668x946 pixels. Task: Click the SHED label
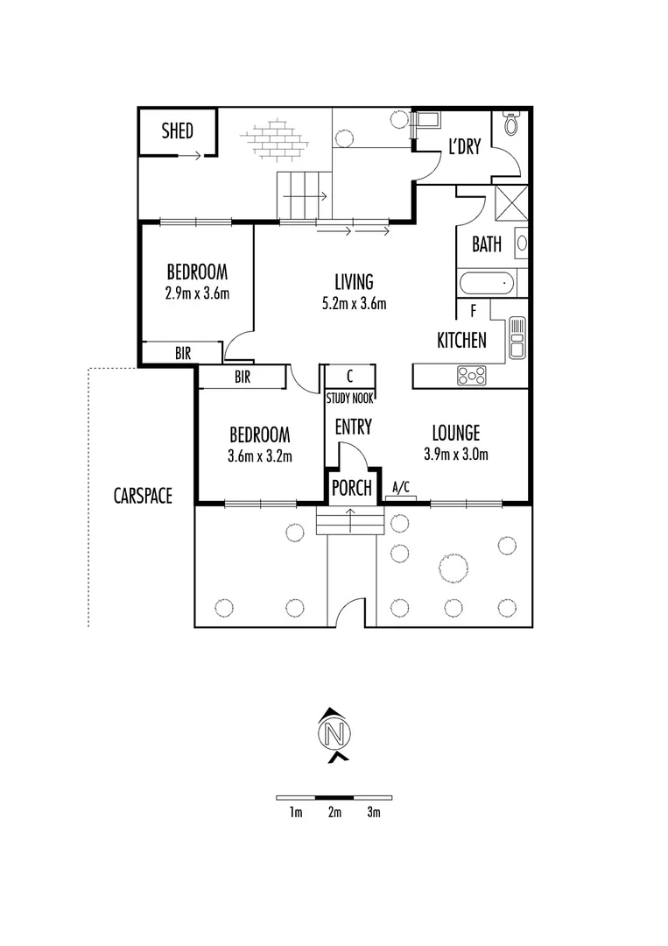point(177,132)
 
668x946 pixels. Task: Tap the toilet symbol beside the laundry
point(510,128)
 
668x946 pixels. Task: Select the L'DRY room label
point(464,148)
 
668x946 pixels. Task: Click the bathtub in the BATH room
point(486,285)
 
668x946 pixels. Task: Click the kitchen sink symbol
point(517,335)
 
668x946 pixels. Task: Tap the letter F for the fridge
point(473,310)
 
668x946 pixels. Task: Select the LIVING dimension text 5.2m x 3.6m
point(354,304)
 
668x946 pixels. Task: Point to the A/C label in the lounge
point(402,488)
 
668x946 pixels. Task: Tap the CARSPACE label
point(143,496)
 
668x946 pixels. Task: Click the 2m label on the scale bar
point(334,813)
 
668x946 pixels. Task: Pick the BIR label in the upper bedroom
point(183,354)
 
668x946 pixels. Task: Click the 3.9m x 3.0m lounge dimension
point(454,454)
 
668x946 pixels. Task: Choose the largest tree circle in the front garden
point(454,568)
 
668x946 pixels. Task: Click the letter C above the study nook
point(349,377)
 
